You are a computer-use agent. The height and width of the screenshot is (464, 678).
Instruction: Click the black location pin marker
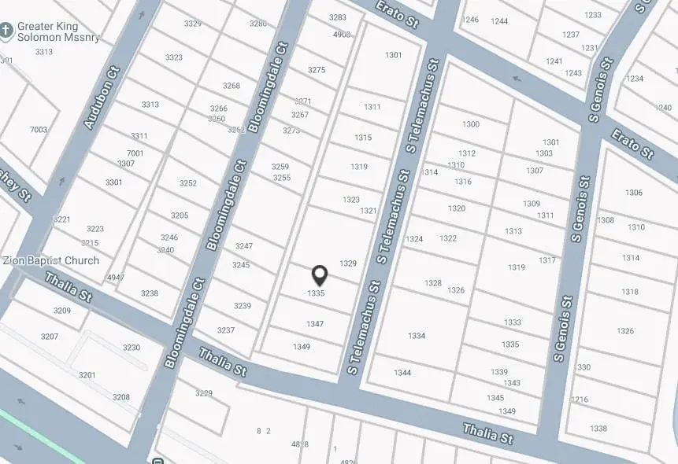(x=320, y=274)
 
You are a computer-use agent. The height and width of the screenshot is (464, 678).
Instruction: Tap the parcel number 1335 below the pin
(x=316, y=293)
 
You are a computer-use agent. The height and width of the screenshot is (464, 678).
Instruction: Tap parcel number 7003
(x=39, y=130)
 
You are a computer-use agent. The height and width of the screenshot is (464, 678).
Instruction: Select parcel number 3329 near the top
(x=193, y=24)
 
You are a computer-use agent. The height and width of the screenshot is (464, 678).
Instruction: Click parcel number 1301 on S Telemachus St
(x=394, y=55)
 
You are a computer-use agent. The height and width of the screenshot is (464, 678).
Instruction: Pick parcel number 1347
(x=315, y=324)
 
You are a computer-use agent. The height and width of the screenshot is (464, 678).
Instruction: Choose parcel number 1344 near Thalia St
(x=402, y=373)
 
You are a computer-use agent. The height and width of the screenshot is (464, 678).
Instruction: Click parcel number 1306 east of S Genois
(x=634, y=193)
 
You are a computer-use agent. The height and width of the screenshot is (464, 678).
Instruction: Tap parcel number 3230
(x=132, y=348)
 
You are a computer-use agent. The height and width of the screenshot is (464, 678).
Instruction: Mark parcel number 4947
(x=116, y=278)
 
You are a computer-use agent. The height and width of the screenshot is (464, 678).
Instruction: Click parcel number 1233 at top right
(x=593, y=15)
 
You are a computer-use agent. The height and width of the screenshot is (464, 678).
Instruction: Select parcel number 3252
(x=188, y=183)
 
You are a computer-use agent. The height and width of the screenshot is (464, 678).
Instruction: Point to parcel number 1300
(x=471, y=124)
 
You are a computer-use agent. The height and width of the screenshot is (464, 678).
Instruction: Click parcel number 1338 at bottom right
(x=598, y=429)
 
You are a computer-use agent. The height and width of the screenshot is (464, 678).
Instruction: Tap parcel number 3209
(x=62, y=311)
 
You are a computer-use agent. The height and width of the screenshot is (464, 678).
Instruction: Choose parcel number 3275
(x=317, y=70)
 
